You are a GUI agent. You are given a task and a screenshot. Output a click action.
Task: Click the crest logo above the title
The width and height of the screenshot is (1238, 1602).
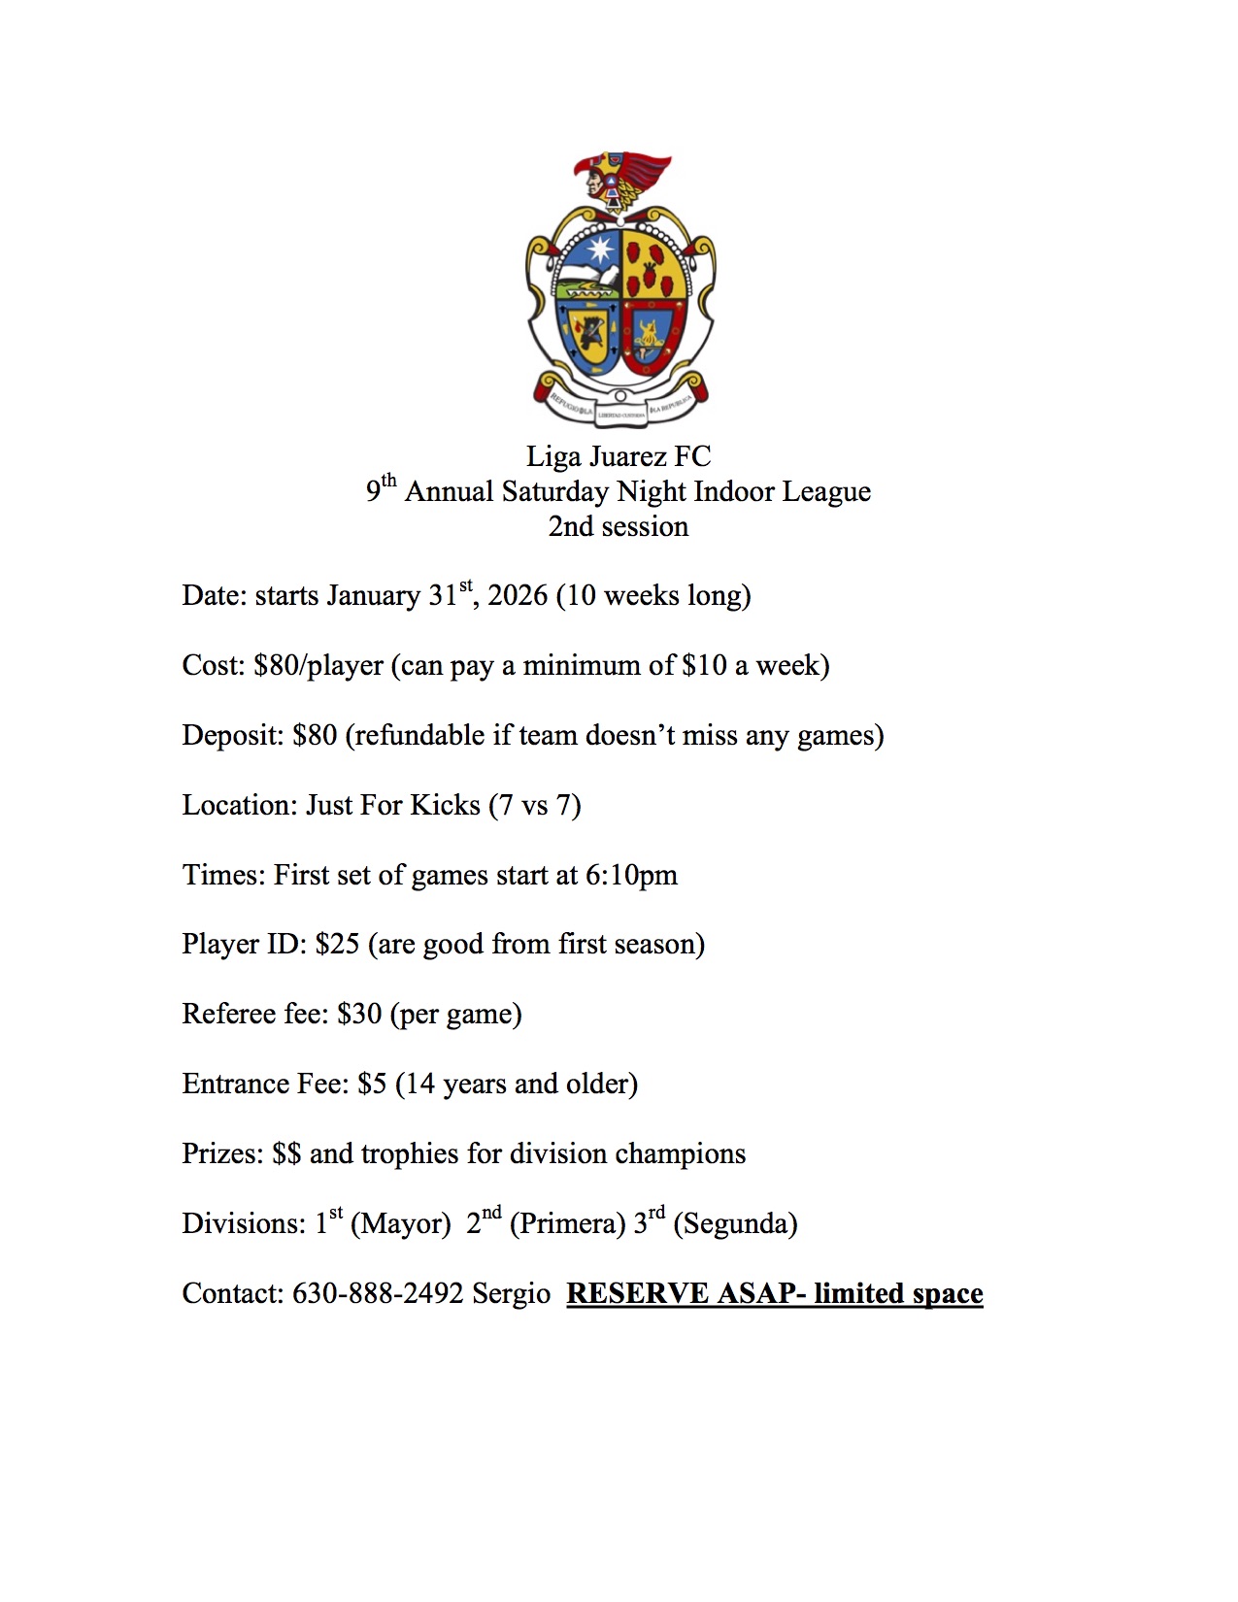(x=619, y=291)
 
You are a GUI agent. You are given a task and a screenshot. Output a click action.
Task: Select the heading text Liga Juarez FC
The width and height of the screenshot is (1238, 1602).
(x=619, y=456)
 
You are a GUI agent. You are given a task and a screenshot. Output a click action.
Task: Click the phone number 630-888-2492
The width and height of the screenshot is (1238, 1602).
(x=378, y=1293)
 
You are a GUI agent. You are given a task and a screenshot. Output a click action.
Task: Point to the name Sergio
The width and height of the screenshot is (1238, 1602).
(x=511, y=1293)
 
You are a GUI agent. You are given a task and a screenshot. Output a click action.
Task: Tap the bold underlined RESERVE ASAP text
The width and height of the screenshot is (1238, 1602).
(x=774, y=1293)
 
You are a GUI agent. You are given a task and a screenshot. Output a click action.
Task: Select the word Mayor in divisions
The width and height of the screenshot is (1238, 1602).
(x=400, y=1223)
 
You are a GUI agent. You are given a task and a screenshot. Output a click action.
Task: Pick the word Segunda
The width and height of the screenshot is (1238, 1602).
(x=735, y=1223)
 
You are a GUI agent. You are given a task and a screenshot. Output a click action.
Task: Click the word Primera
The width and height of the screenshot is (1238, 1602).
(x=567, y=1223)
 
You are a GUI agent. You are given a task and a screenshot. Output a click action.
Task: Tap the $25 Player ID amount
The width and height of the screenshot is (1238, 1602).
(x=337, y=944)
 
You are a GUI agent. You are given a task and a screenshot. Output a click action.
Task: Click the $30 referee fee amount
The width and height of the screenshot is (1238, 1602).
(x=359, y=1014)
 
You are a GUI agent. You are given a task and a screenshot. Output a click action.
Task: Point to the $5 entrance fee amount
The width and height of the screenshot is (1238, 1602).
(x=372, y=1084)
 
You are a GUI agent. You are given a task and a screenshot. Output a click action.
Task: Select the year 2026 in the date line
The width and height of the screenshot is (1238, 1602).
(x=518, y=595)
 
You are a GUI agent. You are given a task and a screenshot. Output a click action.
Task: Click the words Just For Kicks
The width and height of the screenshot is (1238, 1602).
(x=393, y=805)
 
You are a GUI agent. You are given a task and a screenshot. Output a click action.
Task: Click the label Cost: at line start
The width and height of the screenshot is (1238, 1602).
(x=214, y=665)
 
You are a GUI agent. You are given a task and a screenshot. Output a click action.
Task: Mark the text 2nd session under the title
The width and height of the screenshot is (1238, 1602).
(x=619, y=526)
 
